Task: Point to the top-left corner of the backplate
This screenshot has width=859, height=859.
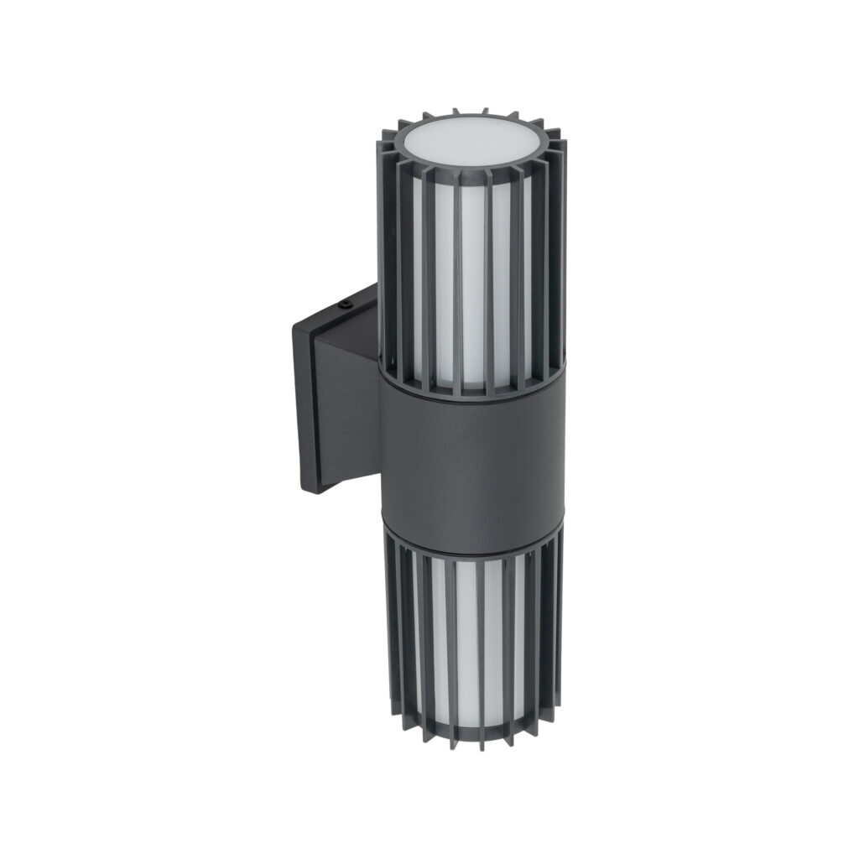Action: (294, 330)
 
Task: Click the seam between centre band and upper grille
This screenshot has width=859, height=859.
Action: (470, 393)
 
